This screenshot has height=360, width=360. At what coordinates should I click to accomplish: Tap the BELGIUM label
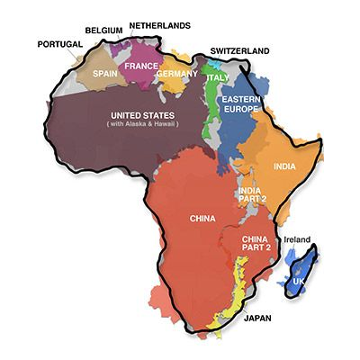point(103,30)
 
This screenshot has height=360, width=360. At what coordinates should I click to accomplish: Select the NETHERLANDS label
point(159,25)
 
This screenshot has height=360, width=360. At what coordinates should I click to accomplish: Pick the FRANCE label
point(140,66)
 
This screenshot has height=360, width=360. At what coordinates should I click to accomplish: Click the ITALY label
point(217,78)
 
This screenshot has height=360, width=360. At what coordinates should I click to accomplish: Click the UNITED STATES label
point(141,115)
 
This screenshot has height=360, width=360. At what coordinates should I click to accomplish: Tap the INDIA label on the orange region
point(284,166)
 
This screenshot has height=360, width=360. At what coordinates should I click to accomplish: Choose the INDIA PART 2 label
point(251,194)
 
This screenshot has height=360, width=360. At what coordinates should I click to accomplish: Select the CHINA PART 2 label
point(256,244)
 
